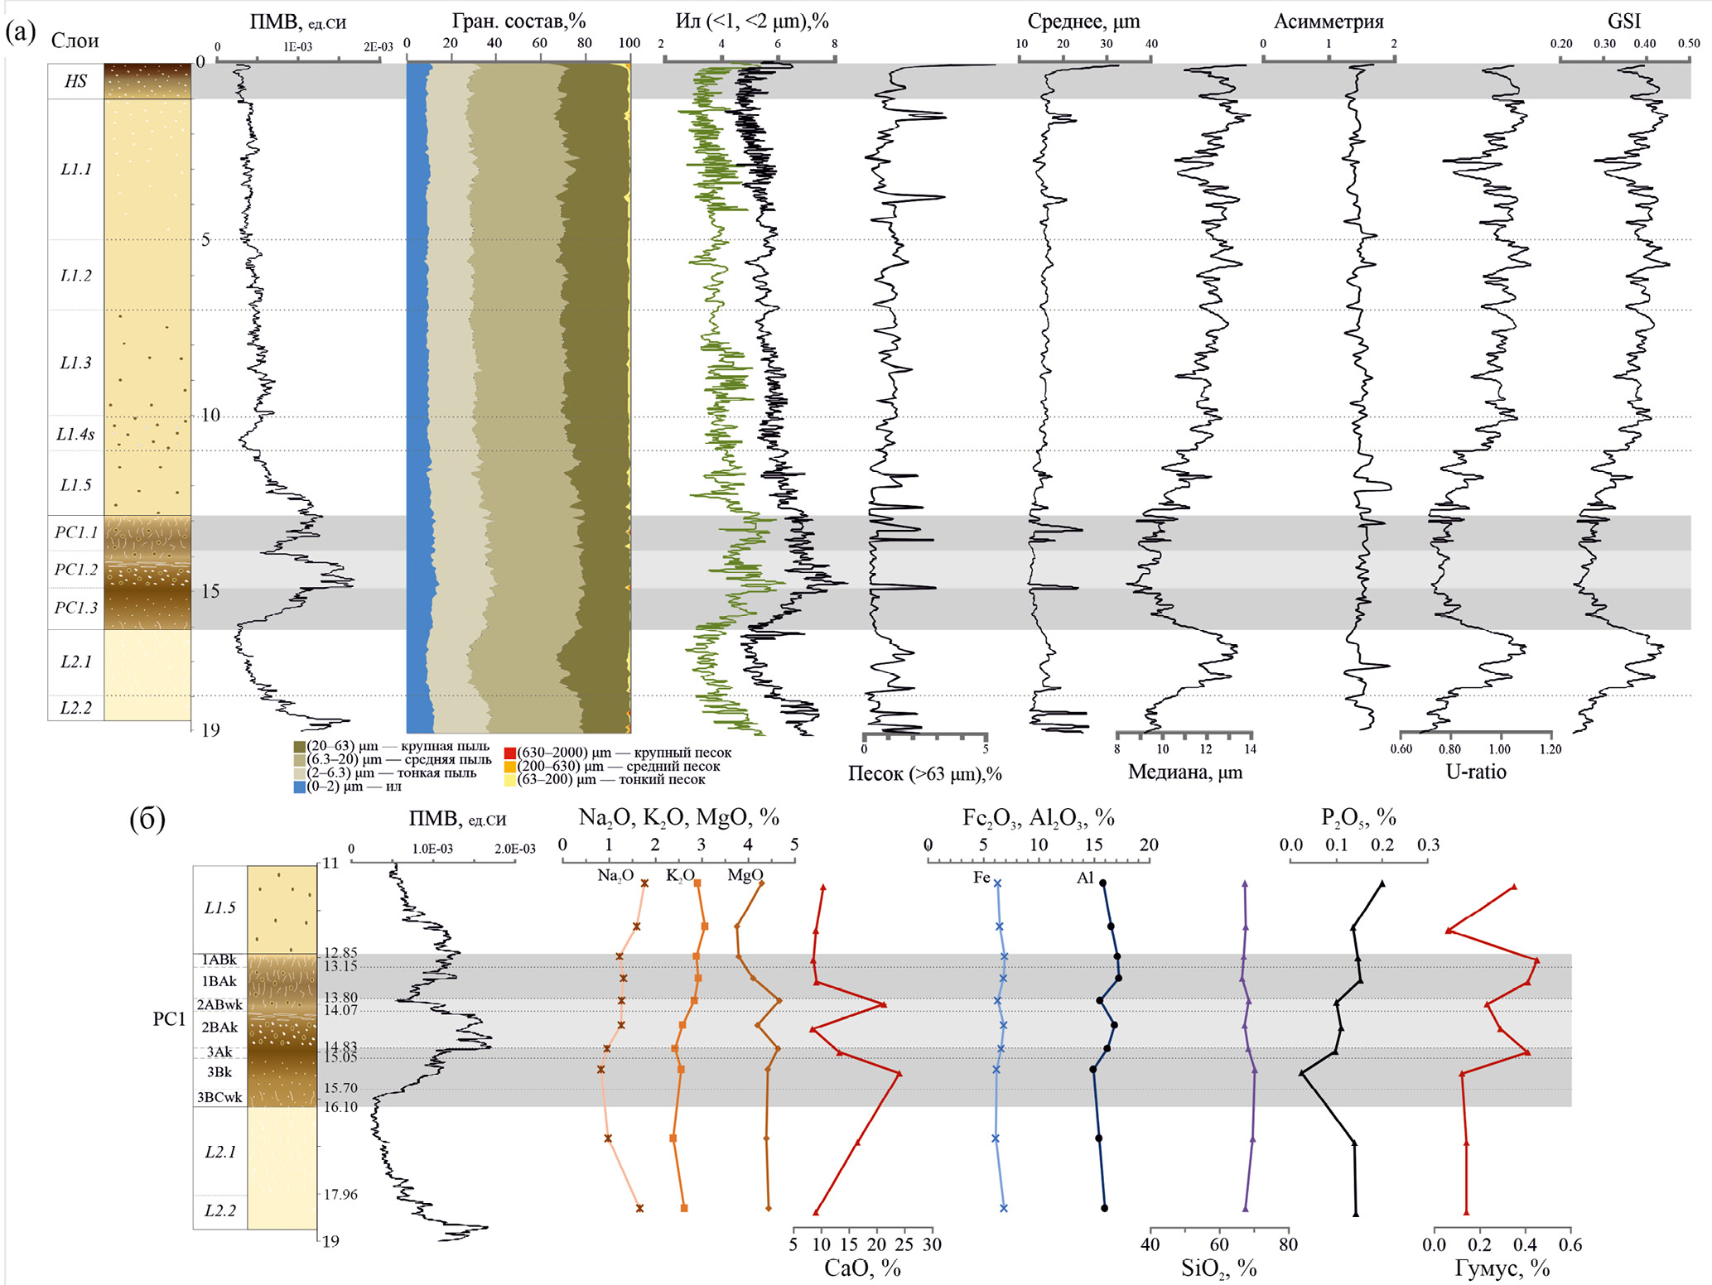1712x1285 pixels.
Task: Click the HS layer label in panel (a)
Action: coord(75,81)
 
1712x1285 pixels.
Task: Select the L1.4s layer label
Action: coord(75,434)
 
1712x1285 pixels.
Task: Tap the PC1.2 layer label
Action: coord(75,570)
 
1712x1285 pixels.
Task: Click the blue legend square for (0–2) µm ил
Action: coord(300,787)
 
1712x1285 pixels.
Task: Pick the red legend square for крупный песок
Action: coord(510,753)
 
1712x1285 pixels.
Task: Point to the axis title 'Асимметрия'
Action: coord(1329,22)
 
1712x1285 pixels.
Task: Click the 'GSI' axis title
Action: coord(1623,22)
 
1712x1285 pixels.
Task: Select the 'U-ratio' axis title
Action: coord(1475,772)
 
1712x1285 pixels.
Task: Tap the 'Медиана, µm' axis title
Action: coord(1184,772)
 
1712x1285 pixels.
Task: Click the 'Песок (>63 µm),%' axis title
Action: coord(924,774)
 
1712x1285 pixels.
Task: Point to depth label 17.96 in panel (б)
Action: coord(340,1194)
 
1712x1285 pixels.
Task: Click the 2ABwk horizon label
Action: coord(219,1005)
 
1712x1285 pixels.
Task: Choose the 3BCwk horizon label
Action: coord(219,1098)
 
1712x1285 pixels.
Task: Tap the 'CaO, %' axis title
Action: coord(861,1268)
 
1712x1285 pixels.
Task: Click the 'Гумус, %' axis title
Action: coord(1502,1268)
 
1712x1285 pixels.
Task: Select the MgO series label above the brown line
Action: coord(745,875)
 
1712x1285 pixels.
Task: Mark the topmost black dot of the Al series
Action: coord(1102,883)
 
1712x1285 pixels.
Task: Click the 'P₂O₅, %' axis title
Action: coord(1358,818)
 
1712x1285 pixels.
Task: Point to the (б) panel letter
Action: coord(147,819)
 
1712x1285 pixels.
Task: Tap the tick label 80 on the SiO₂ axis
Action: coord(1288,1244)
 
